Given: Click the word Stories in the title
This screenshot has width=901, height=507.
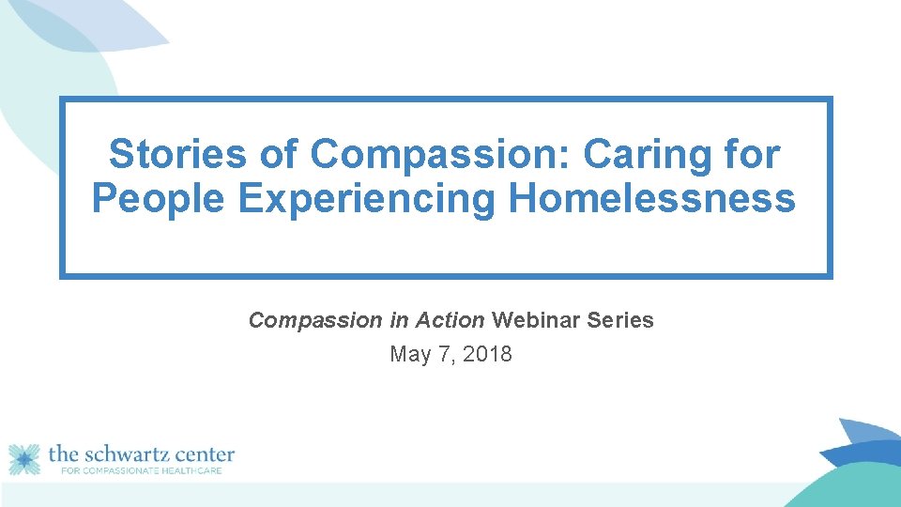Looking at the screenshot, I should pos(177,154).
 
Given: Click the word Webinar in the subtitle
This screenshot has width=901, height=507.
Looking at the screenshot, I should pos(536,320).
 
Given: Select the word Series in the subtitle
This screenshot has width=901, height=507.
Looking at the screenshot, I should pos(620,320).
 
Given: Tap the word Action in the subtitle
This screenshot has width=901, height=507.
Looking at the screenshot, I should pos(450,320).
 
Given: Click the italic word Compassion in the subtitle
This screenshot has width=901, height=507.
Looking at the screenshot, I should pos(315,320).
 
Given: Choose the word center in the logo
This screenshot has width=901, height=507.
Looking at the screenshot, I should pos(202,454).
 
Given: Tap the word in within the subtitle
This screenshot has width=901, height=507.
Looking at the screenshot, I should pos(398,320).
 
